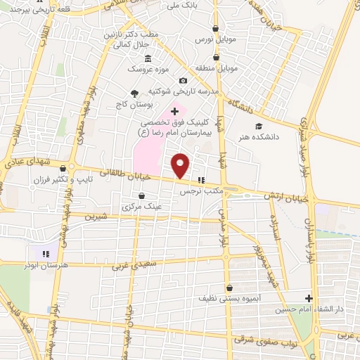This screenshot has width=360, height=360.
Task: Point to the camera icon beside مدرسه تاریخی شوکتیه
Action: click(x=184, y=81)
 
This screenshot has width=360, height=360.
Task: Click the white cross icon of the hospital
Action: click(x=175, y=111)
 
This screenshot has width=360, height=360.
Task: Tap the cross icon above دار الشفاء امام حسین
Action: click(x=308, y=298)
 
